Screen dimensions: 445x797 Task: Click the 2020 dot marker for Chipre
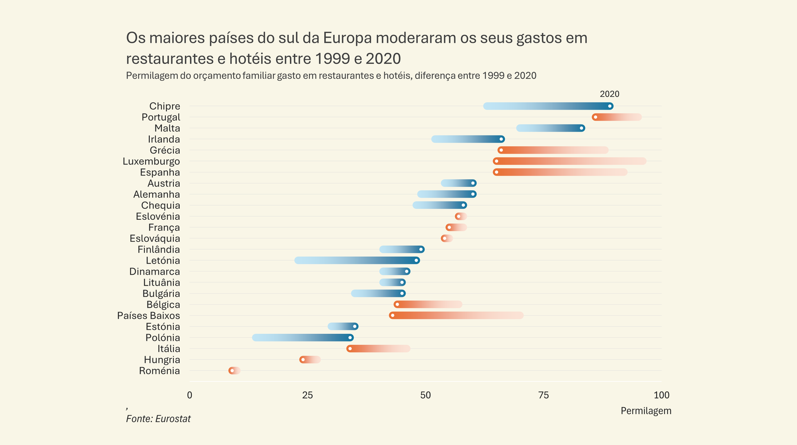(x=610, y=106)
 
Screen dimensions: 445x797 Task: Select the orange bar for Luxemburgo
(x=570, y=161)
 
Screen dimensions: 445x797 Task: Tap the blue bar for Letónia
(x=357, y=261)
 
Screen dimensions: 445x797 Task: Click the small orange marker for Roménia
(x=232, y=371)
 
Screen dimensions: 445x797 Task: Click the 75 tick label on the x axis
(x=543, y=395)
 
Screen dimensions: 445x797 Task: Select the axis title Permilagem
(x=646, y=411)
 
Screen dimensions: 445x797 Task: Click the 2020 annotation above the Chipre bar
(x=609, y=94)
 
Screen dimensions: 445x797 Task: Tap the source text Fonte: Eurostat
(x=158, y=419)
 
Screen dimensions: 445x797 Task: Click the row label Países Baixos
(x=148, y=316)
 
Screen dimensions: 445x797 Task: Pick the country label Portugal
(x=161, y=118)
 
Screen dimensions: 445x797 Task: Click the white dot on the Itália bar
(x=350, y=349)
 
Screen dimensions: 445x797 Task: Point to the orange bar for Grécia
(x=553, y=150)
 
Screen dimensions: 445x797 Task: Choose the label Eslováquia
(x=155, y=239)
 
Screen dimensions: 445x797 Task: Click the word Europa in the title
(x=347, y=38)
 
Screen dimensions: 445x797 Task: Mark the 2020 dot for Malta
(x=581, y=129)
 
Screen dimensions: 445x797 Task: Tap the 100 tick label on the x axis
(x=661, y=395)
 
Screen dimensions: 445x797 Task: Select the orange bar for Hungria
(x=310, y=360)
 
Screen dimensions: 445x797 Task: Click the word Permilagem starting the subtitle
(x=151, y=76)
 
